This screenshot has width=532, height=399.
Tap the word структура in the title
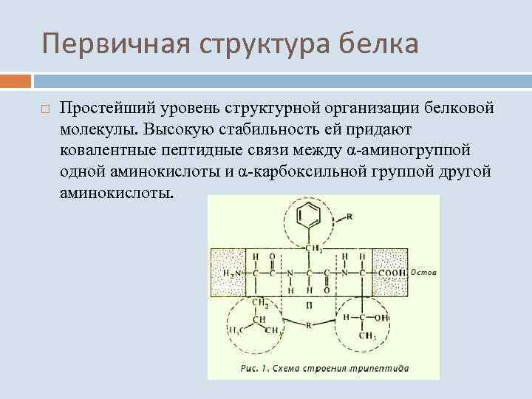point(259,44)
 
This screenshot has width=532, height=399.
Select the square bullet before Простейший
point(44,109)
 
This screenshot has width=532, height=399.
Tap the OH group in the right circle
point(381,318)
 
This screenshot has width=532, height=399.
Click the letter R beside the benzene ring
point(348,217)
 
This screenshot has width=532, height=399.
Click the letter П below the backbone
point(310,304)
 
